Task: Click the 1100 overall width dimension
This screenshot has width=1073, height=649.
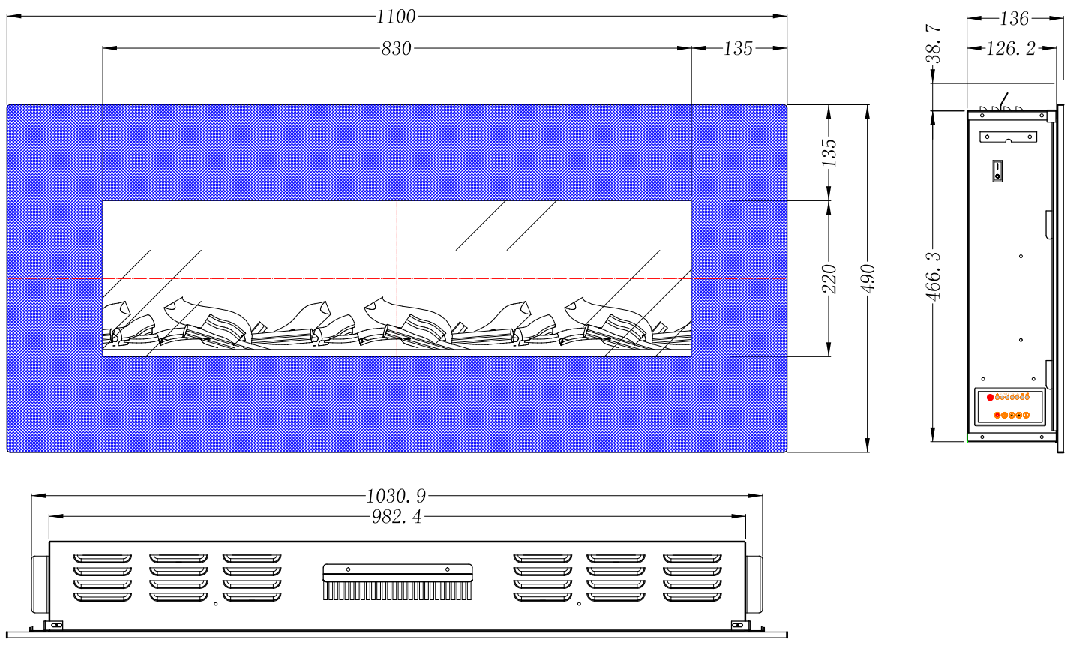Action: point(396,17)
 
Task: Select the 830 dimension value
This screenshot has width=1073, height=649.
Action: point(396,49)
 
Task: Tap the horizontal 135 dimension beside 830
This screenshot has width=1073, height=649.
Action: point(738,49)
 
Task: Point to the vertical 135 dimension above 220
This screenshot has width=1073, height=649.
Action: point(829,152)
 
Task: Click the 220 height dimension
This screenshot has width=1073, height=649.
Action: point(829,278)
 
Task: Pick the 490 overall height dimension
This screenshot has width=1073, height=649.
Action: point(868,278)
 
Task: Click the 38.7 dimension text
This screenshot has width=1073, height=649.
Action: point(933,44)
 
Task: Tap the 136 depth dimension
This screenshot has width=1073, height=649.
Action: point(1014,19)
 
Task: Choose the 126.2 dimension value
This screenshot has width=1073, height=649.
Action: point(1011,49)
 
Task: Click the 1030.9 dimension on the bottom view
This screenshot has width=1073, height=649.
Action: point(396,496)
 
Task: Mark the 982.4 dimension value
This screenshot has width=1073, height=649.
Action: point(397,517)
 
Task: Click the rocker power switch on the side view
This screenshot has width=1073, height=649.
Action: point(997,171)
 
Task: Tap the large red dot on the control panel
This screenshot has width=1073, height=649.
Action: point(990,398)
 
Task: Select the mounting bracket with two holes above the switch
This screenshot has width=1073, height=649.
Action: point(1009,137)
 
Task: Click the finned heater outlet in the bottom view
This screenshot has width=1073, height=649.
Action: point(397,582)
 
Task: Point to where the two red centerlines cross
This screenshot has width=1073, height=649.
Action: point(397,278)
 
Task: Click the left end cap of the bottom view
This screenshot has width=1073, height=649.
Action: point(40,584)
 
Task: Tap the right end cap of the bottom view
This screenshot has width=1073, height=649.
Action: point(754,584)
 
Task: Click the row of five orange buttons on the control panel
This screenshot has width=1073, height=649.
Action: point(1012,415)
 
